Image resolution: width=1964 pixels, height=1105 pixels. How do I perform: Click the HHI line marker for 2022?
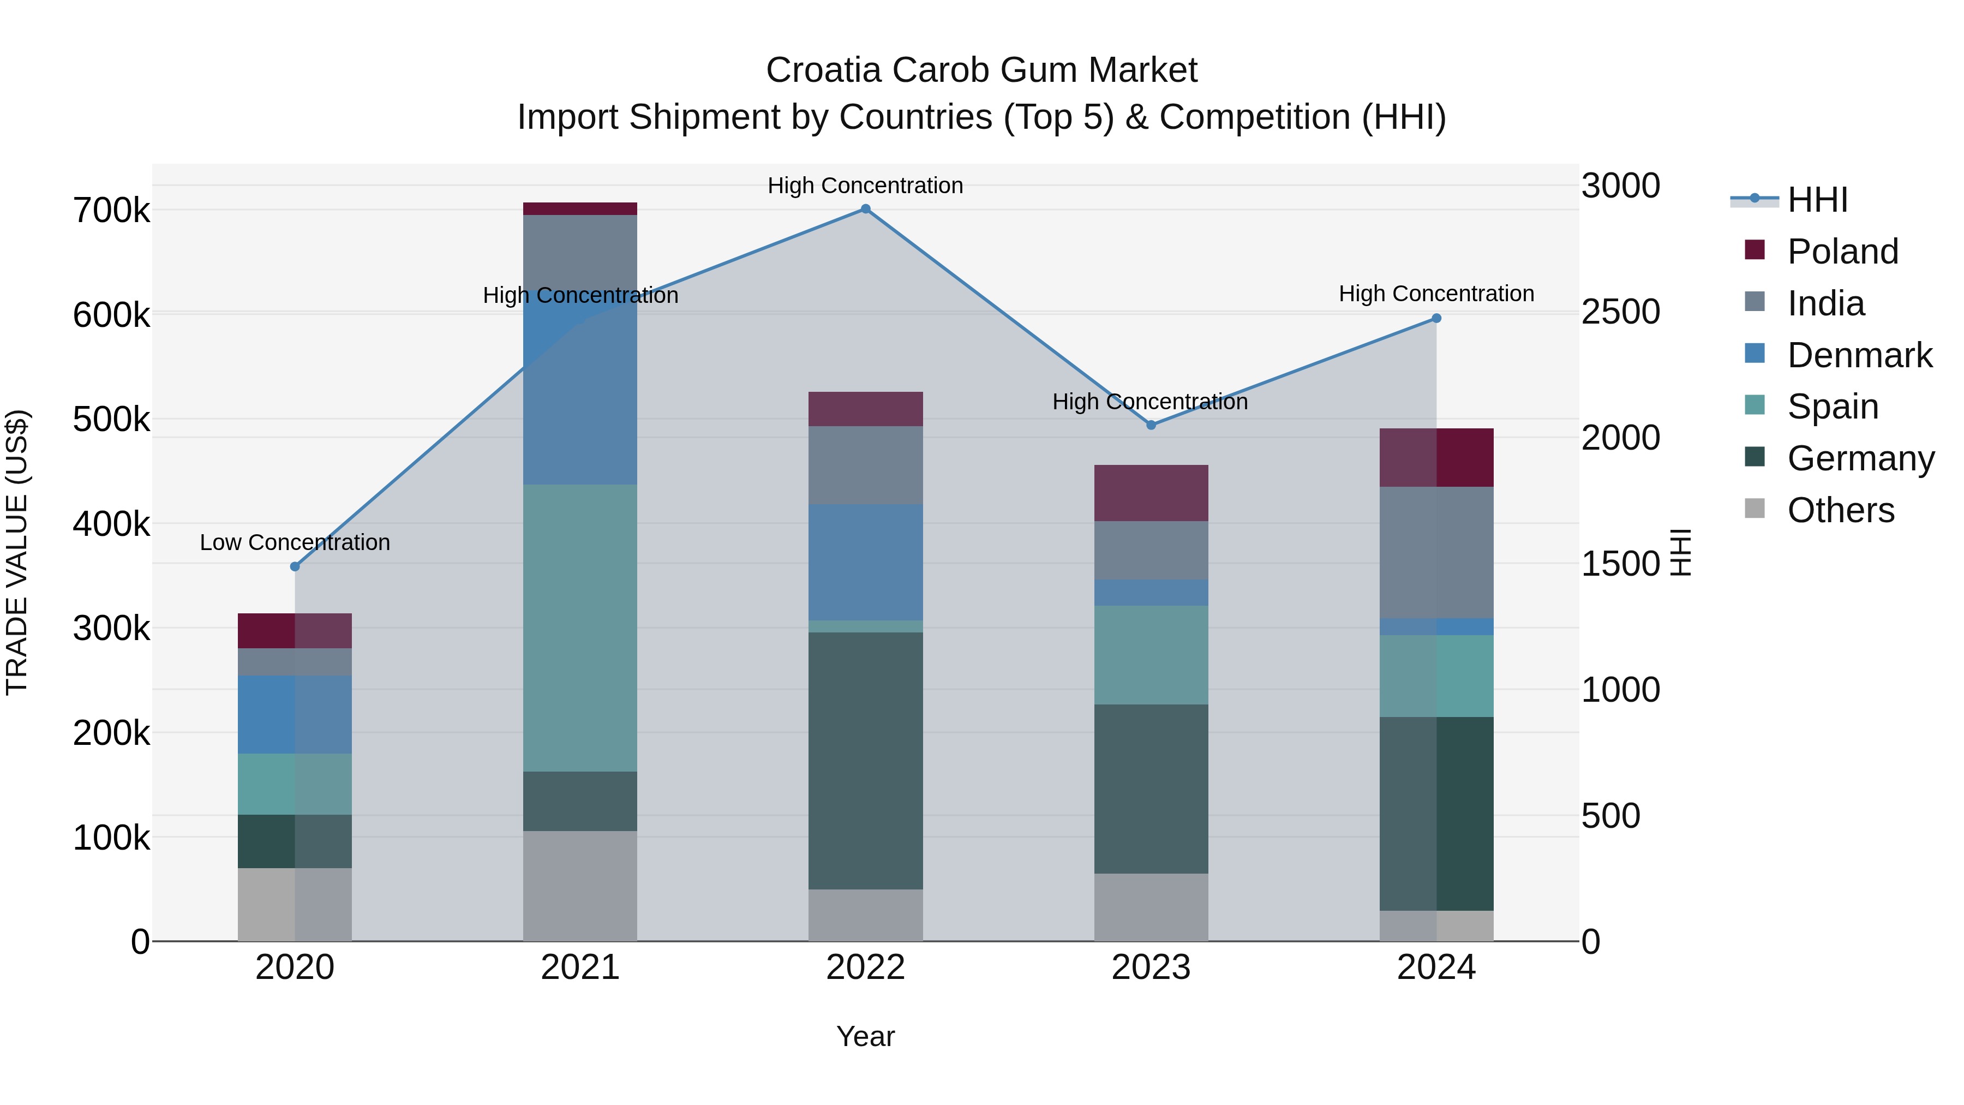(865, 209)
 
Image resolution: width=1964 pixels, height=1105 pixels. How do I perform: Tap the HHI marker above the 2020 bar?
(295, 566)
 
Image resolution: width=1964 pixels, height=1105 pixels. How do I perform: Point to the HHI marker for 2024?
(1436, 318)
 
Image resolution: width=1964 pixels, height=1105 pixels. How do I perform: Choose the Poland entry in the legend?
(1842, 252)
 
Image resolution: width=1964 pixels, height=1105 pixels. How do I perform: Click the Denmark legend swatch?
(1755, 354)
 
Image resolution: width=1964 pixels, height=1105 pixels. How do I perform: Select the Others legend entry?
(1841, 510)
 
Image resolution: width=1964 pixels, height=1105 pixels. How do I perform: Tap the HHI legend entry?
(1817, 200)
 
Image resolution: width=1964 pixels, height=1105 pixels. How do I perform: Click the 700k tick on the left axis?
(111, 211)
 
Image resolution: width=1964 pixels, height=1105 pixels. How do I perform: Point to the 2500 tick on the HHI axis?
(1620, 312)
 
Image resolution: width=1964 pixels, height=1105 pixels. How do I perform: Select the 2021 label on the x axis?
(580, 967)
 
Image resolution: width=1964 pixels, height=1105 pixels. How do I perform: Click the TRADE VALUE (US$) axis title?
(17, 552)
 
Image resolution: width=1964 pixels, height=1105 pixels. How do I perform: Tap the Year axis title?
(865, 1036)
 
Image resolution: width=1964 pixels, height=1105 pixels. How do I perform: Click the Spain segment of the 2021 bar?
(580, 628)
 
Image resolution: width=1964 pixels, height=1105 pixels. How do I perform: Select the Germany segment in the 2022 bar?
(865, 760)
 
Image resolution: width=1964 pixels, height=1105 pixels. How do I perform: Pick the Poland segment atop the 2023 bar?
(1151, 493)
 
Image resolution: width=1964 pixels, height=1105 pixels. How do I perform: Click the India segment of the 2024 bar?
(1436, 552)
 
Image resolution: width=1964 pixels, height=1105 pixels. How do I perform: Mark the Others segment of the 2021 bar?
(580, 886)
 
